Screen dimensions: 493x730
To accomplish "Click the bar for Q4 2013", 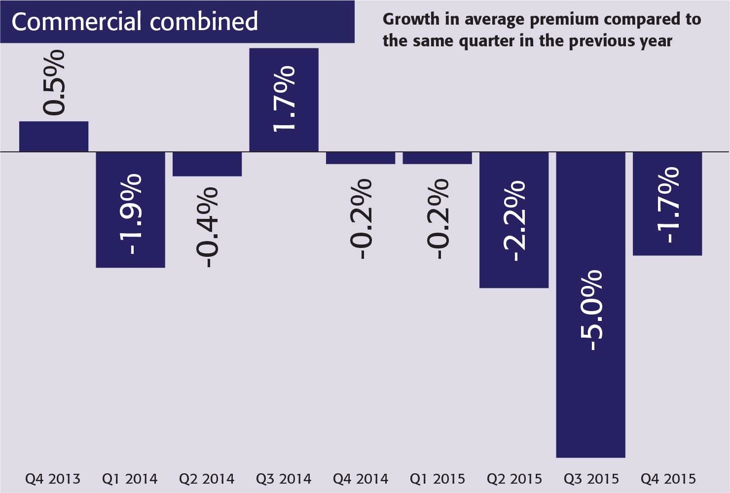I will (x=54, y=136).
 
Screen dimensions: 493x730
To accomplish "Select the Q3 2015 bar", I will (x=590, y=394).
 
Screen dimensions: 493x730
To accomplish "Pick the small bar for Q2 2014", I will (x=207, y=164).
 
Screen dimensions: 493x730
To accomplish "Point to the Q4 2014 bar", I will (x=361, y=158).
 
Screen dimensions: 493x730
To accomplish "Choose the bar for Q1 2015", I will (x=437, y=158).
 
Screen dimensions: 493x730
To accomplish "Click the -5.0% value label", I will (x=590, y=311).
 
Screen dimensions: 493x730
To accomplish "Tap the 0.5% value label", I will (x=54, y=82).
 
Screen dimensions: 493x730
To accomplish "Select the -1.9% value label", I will (x=130, y=214).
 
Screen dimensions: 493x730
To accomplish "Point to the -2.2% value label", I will (x=514, y=220).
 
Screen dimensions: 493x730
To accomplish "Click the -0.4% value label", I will (x=207, y=227).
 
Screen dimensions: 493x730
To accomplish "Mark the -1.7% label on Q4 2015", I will (x=667, y=205).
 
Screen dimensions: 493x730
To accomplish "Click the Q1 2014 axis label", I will (x=130, y=479).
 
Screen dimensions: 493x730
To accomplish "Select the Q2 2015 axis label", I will (x=514, y=479).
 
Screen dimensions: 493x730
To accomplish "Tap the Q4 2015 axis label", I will (x=668, y=479).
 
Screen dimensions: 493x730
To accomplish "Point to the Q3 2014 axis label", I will (x=284, y=479).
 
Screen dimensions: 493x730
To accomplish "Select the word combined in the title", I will (x=203, y=22).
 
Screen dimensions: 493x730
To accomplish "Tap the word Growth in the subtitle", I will (x=411, y=19).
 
